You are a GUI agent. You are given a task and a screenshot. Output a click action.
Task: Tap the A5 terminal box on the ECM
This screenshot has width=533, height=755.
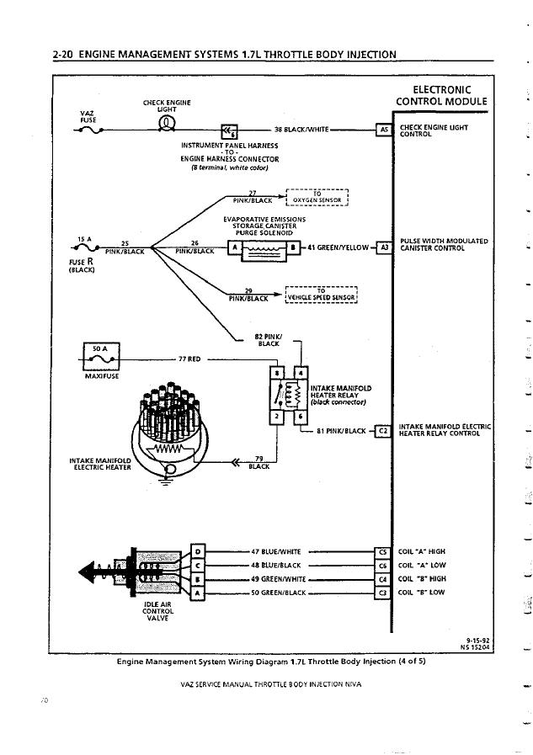click(384, 130)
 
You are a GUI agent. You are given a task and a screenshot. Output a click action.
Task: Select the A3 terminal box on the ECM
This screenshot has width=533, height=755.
click(384, 247)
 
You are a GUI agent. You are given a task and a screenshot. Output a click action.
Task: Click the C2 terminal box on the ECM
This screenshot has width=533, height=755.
click(383, 431)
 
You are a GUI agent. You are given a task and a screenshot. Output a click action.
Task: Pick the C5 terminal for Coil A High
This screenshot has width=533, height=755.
click(382, 552)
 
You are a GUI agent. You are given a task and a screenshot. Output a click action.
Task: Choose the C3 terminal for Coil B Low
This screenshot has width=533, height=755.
click(382, 593)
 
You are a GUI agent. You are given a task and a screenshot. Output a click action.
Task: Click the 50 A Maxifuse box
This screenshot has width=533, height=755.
click(101, 355)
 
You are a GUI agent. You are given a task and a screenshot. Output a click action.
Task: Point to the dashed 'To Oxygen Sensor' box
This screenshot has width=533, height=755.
click(317, 197)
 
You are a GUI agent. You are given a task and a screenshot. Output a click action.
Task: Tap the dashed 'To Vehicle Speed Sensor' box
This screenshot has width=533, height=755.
click(321, 295)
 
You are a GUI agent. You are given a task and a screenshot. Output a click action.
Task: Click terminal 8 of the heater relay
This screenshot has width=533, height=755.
click(276, 373)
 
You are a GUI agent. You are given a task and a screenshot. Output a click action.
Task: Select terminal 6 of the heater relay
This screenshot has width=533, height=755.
click(301, 417)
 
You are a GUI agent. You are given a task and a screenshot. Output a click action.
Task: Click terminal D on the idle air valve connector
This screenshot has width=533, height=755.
click(198, 550)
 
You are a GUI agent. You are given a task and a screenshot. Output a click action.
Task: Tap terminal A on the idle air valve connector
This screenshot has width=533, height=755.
click(198, 593)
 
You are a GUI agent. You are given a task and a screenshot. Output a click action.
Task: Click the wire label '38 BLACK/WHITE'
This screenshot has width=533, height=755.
click(301, 130)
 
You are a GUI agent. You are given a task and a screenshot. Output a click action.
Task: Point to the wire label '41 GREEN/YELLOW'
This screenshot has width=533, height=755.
click(338, 247)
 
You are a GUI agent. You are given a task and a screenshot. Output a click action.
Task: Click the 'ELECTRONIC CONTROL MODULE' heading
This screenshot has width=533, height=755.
click(441, 95)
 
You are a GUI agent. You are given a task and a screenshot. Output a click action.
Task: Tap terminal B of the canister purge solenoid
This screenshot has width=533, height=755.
click(294, 247)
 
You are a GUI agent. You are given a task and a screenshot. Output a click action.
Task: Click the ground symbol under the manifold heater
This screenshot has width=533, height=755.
click(166, 481)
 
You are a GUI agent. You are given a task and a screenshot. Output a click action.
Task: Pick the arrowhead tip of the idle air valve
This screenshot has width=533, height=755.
click(79, 572)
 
